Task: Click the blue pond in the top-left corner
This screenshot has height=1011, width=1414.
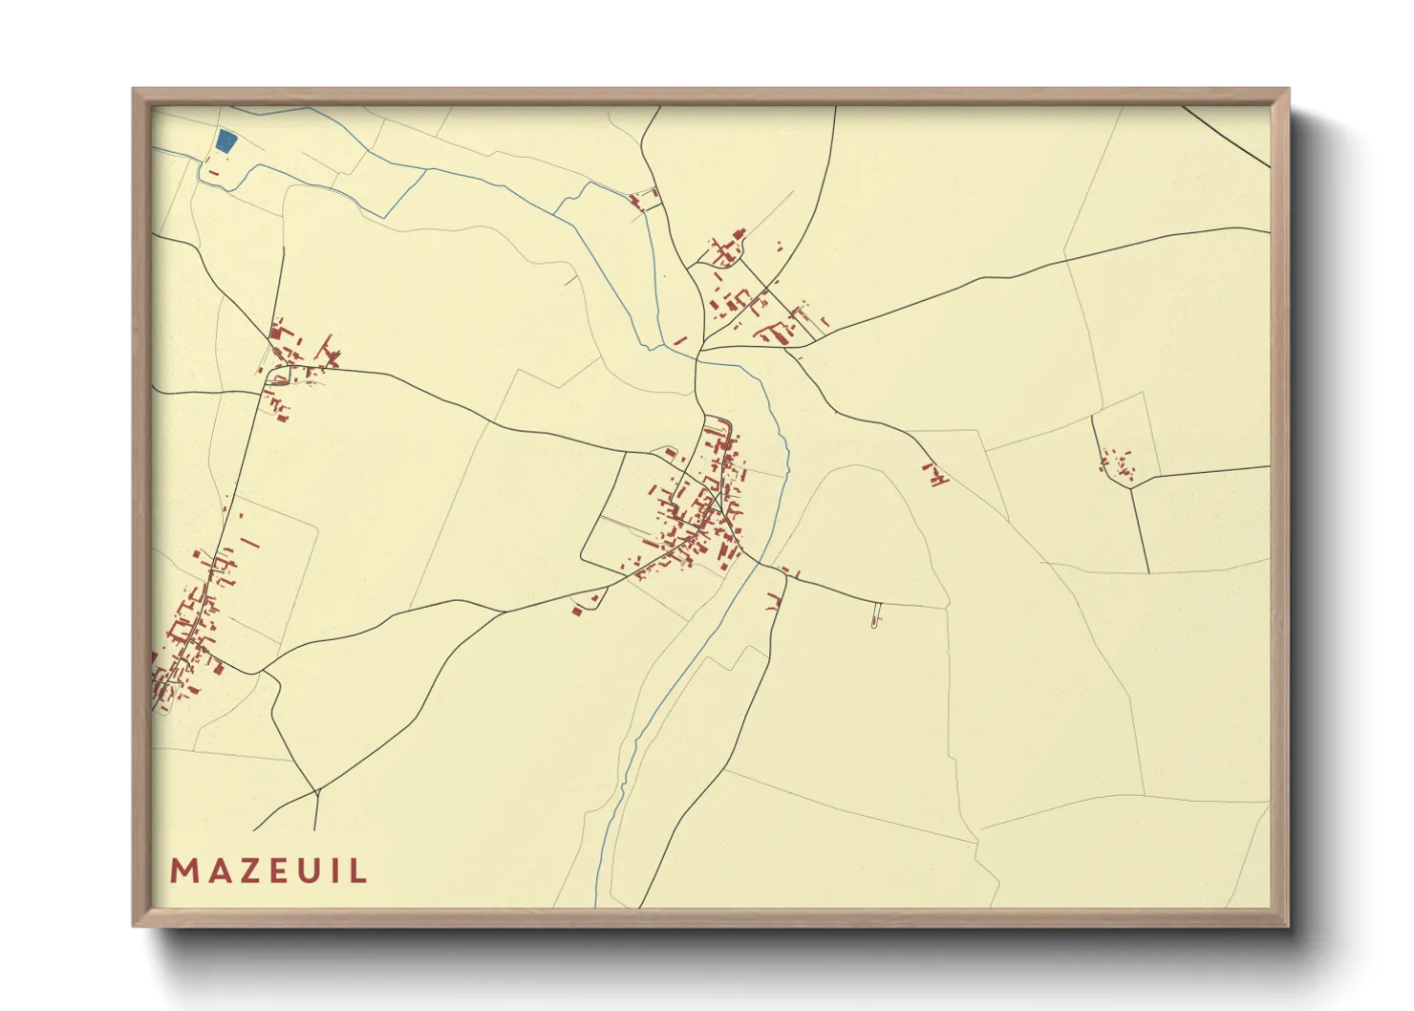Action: pyautogui.click(x=225, y=142)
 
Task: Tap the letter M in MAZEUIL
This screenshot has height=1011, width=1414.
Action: pyautogui.click(x=183, y=871)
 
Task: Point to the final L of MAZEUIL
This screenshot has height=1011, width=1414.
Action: pyautogui.click(x=358, y=871)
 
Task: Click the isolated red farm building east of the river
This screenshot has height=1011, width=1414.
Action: pyautogui.click(x=934, y=474)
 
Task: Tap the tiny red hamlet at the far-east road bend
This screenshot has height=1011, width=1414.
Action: pyautogui.click(x=1115, y=463)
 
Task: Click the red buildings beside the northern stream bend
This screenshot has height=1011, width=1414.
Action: pyautogui.click(x=642, y=200)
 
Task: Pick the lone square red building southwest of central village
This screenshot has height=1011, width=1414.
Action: pyautogui.click(x=576, y=610)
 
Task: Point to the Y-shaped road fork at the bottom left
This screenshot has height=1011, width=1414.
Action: pyautogui.click(x=316, y=792)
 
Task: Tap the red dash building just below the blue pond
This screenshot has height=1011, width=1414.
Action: pyautogui.click(x=213, y=173)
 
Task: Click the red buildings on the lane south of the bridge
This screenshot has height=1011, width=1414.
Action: pyautogui.click(x=775, y=601)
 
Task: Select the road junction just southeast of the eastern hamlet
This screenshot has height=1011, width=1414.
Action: pyautogui.click(x=1132, y=488)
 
